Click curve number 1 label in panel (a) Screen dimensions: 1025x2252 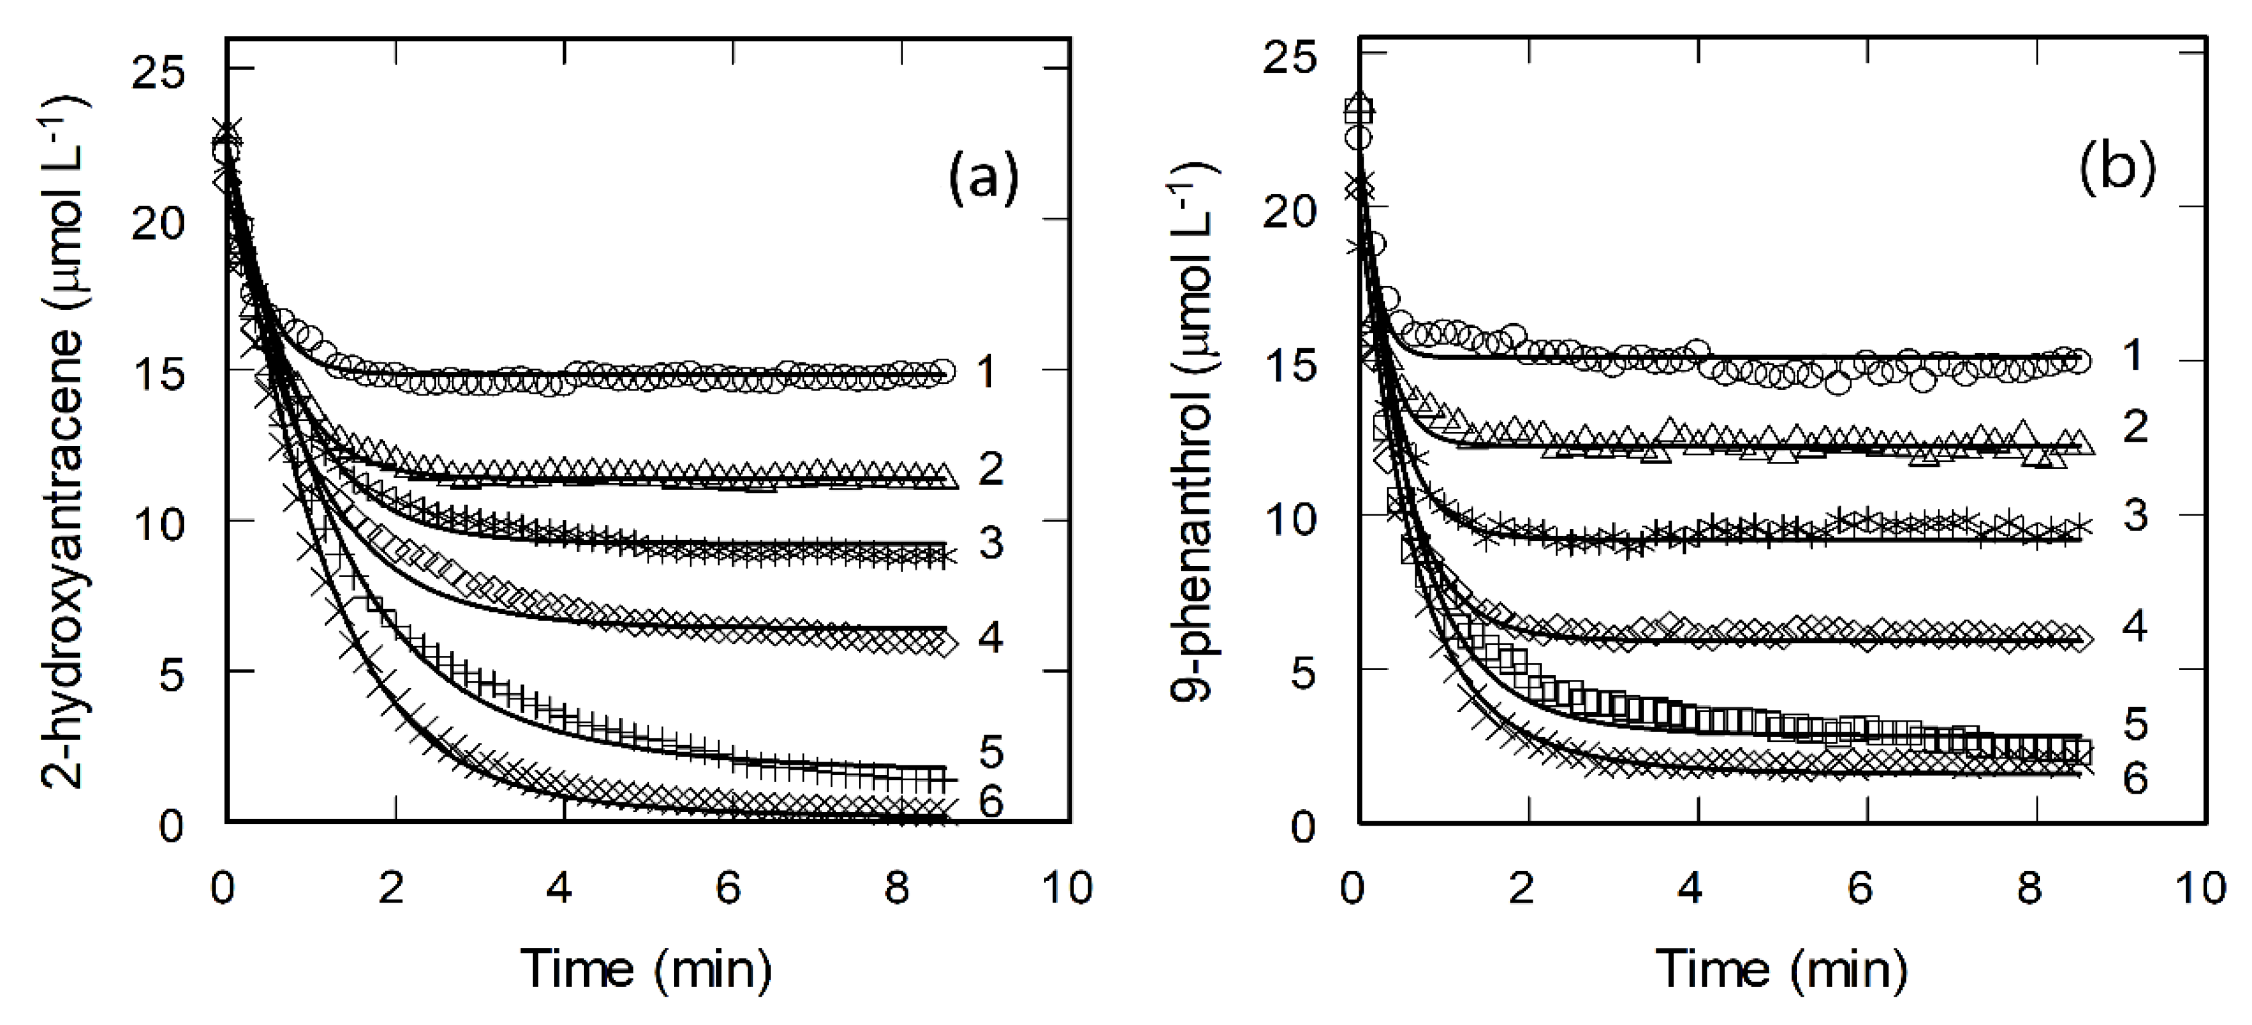986,373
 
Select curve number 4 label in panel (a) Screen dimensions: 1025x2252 990,637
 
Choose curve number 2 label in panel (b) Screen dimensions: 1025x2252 2134,427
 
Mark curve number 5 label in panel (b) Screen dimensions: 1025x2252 2134,724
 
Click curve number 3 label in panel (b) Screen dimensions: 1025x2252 2134,516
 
